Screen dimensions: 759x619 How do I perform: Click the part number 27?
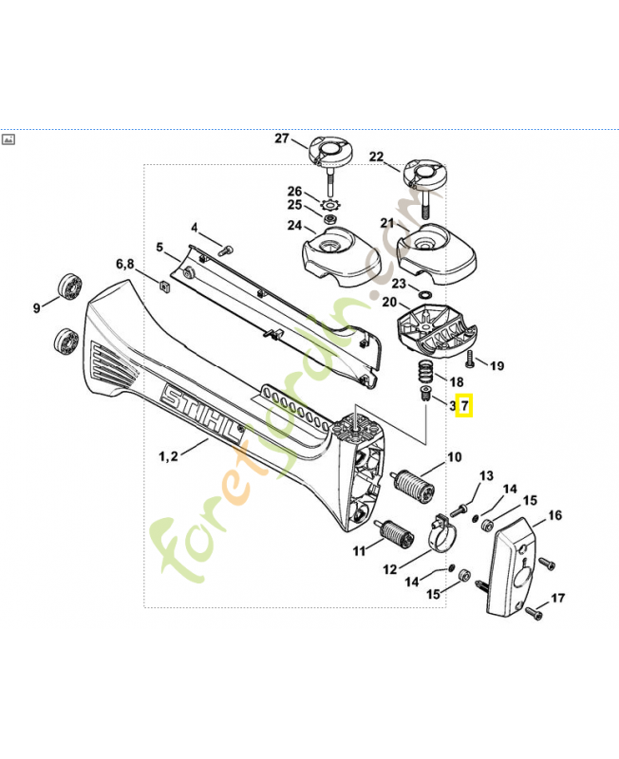pos(281,139)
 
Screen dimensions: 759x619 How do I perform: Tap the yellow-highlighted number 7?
pos(464,405)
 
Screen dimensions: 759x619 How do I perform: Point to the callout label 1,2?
pos(169,457)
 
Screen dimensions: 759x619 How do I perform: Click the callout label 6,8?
pos(125,263)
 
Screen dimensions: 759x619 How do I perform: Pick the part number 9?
pos(37,306)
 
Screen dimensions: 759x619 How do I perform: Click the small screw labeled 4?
pos(226,250)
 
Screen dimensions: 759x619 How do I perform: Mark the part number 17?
pos(557,598)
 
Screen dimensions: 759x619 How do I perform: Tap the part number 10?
pos(455,457)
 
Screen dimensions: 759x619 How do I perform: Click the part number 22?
pos(376,157)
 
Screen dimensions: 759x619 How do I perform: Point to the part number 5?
pos(160,248)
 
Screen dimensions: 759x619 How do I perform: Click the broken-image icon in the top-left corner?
pos(9,139)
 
